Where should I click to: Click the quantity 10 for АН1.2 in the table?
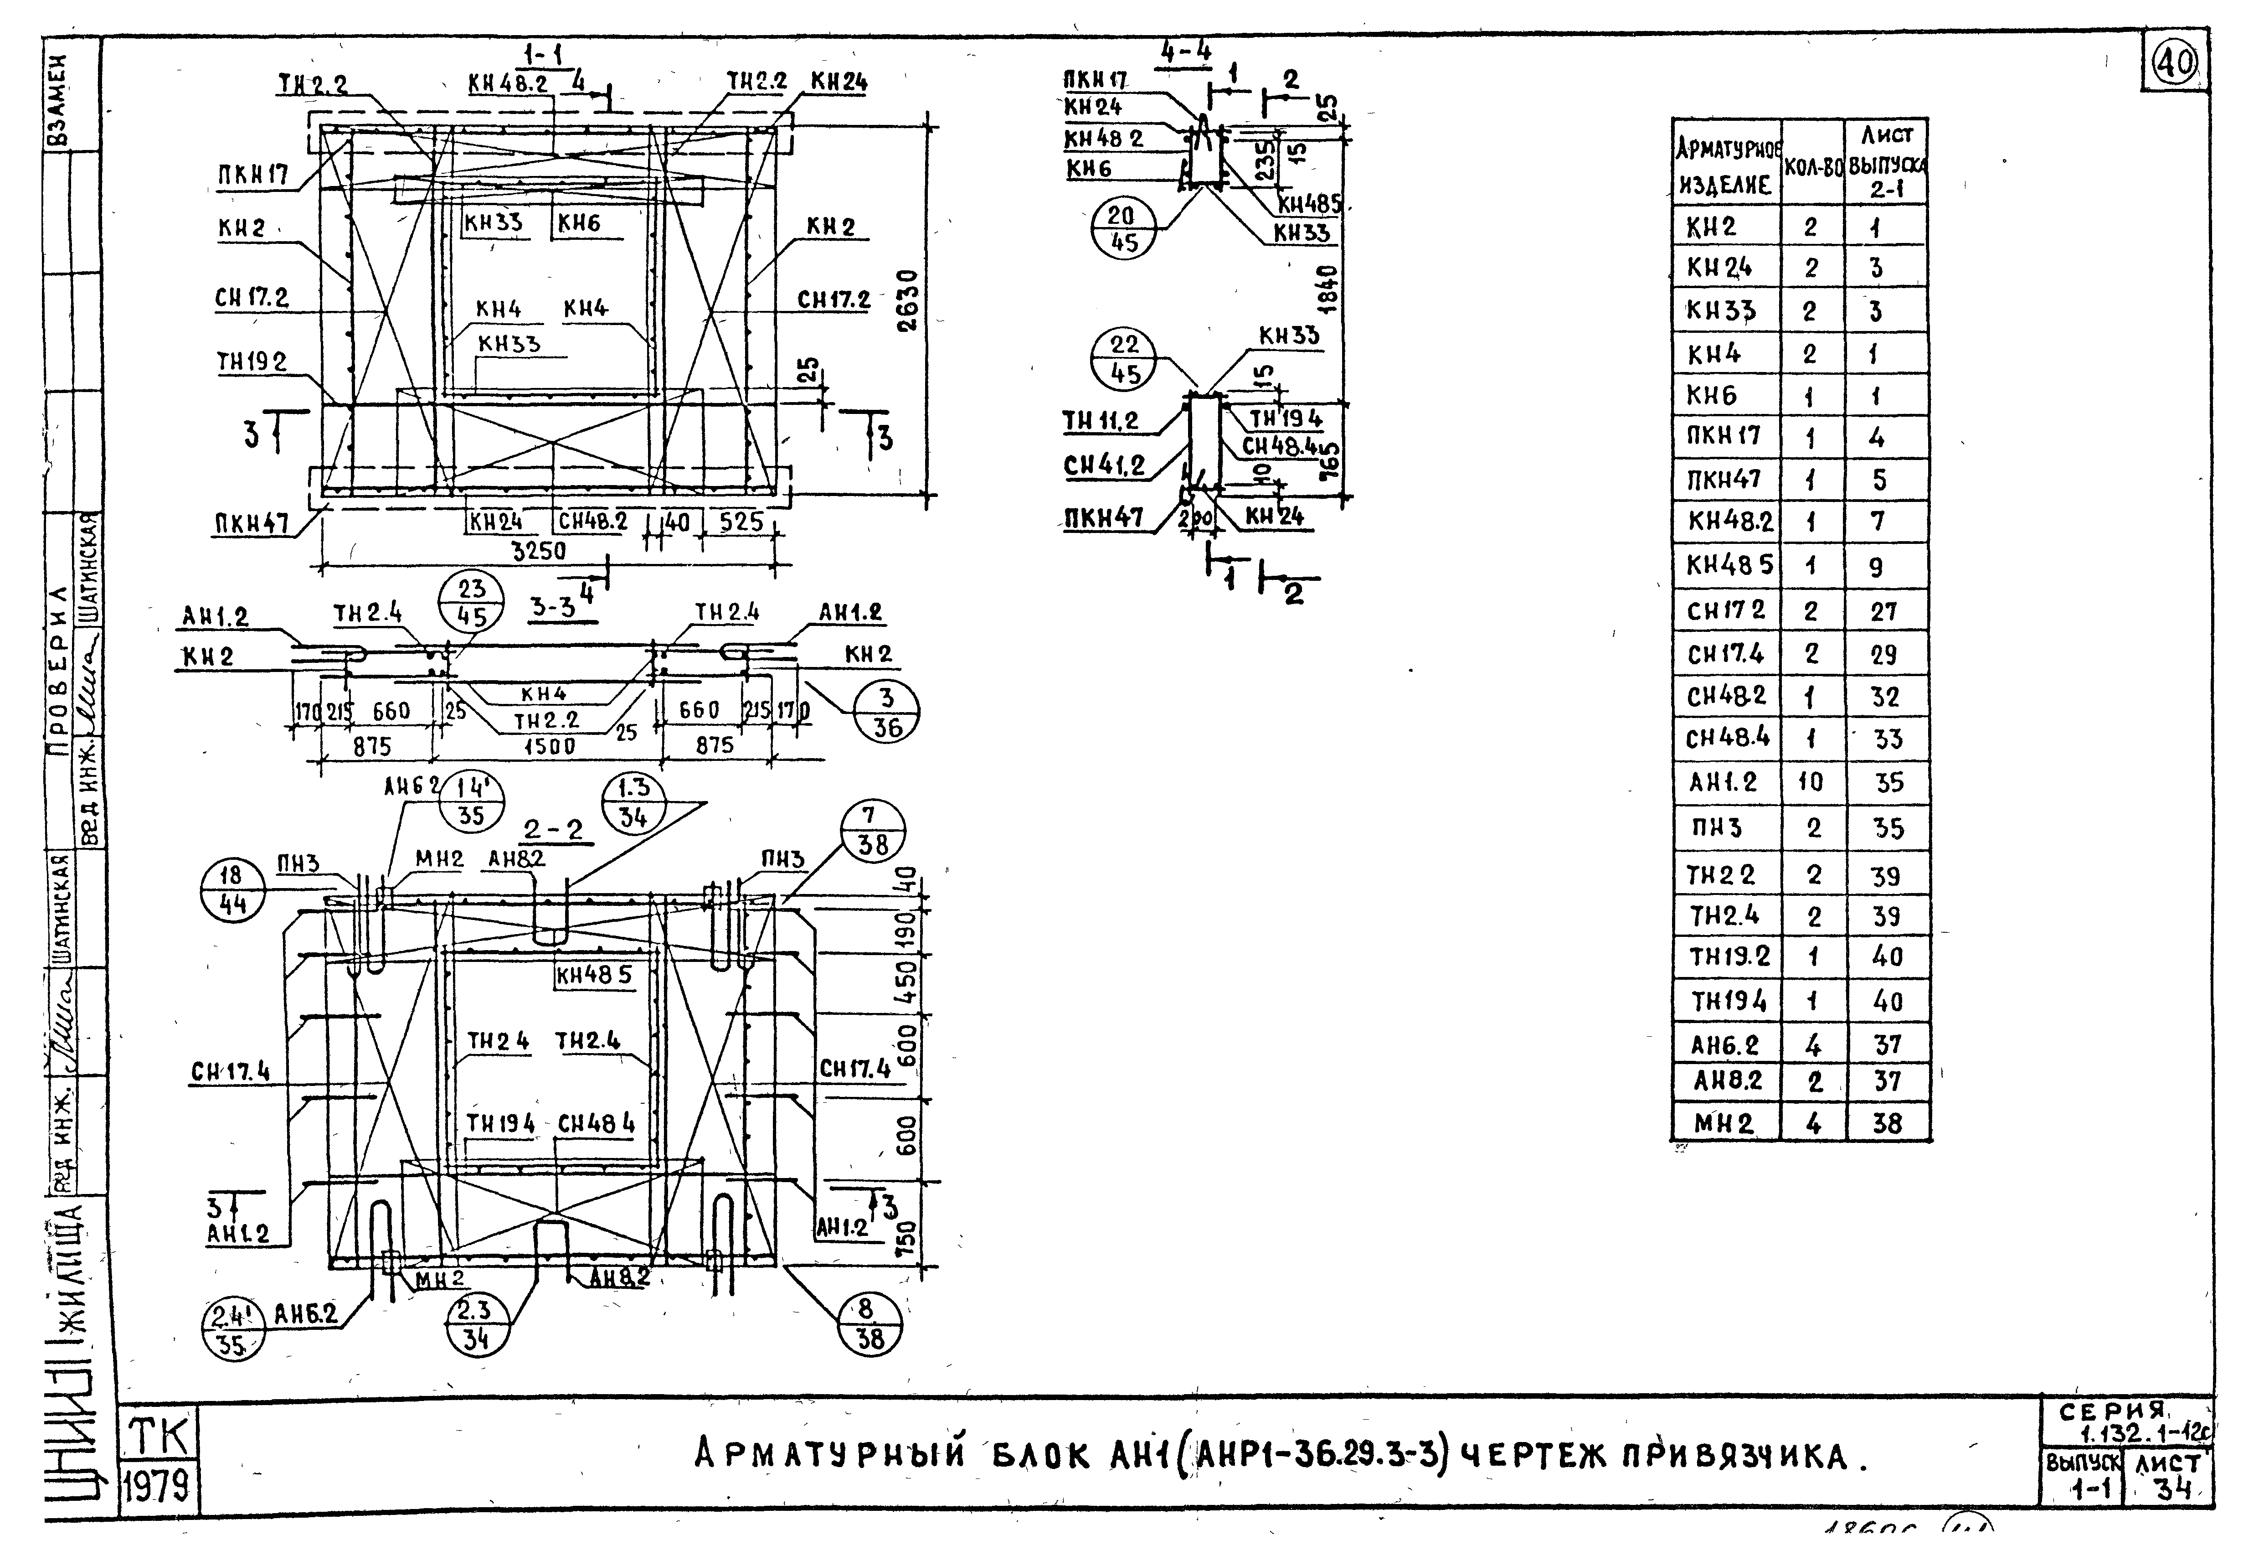[1811, 782]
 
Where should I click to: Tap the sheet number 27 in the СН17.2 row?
[1883, 611]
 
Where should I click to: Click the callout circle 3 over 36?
[887, 711]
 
